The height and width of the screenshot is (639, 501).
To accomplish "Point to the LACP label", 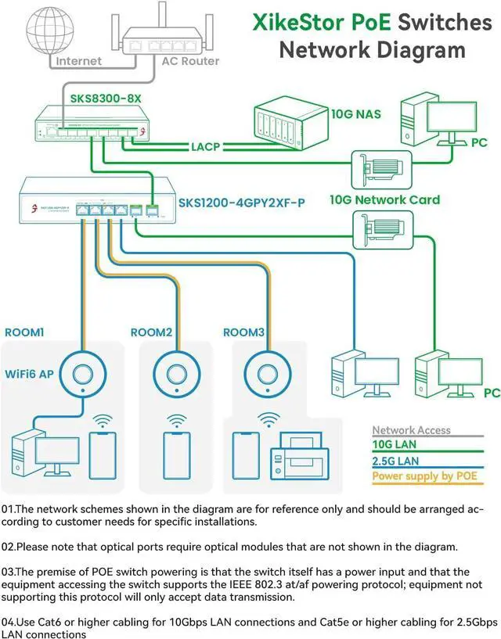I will pyautogui.click(x=205, y=146).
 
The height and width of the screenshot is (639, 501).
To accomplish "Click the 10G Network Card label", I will pyautogui.click(x=384, y=199).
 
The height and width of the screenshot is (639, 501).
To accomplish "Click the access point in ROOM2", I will pyautogui.click(x=173, y=368).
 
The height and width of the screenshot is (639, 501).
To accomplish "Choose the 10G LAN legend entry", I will pyautogui.click(x=396, y=445).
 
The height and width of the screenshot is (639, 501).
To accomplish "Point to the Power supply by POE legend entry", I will pyautogui.click(x=424, y=476).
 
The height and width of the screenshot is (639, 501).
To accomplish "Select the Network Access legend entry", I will pyautogui.click(x=411, y=430).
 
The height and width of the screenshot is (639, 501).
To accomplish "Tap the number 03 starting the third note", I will pyautogui.click(x=9, y=573).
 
